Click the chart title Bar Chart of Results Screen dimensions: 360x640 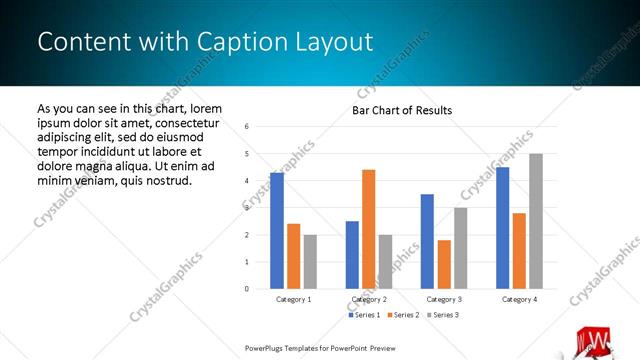pyautogui.click(x=401, y=110)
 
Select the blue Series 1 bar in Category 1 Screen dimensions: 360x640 pyautogui.click(x=277, y=230)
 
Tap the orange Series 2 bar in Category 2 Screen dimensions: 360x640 pyautogui.click(x=368, y=229)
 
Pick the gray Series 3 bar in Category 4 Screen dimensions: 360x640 pyautogui.click(x=536, y=221)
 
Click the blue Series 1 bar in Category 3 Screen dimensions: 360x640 pyautogui.click(x=427, y=241)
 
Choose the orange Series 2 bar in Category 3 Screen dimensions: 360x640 pyautogui.click(x=444, y=264)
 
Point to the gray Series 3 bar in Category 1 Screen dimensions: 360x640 pyautogui.click(x=310, y=261)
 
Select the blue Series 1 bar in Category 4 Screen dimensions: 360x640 pyautogui.click(x=502, y=228)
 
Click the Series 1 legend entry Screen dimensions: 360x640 pyautogui.click(x=364, y=315)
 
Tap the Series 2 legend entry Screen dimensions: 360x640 pyautogui.click(x=403, y=315)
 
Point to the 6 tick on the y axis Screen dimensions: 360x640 pyautogui.click(x=246, y=127)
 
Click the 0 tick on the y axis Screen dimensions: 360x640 pyautogui.click(x=246, y=289)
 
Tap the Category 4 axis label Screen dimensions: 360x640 pyautogui.click(x=519, y=299)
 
